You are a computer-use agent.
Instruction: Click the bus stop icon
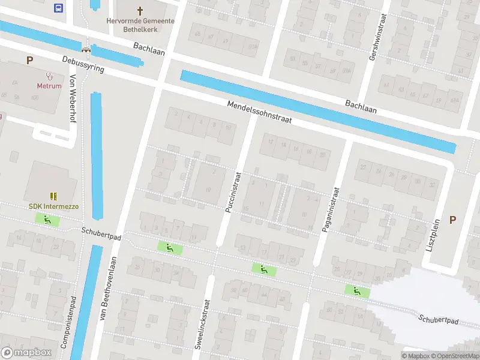[x=58, y=8]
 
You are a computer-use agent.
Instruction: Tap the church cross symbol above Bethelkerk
[x=140, y=11]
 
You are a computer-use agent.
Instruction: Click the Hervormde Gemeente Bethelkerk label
[x=141, y=25]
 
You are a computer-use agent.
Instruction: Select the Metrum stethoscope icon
[x=49, y=76]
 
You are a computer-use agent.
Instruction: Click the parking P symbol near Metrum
[x=29, y=60]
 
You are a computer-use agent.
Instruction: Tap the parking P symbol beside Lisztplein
[x=452, y=220]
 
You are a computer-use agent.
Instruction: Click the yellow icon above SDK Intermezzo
[x=53, y=196]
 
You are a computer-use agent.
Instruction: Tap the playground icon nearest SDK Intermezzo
[x=47, y=220]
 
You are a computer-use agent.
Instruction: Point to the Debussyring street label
[x=83, y=65]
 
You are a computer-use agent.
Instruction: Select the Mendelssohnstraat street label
[x=259, y=112]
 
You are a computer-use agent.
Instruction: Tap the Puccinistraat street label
[x=233, y=191]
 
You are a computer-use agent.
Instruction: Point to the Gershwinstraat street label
[x=376, y=36]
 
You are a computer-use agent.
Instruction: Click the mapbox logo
[x=26, y=352]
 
